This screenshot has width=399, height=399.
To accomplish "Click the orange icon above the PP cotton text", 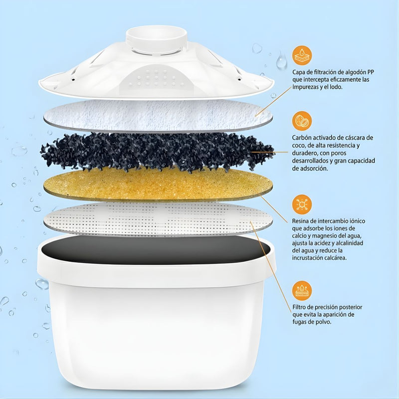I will coord(302,55).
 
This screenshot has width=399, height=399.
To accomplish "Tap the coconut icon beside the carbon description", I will coord(302,121).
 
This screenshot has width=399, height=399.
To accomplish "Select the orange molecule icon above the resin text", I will coord(302,204).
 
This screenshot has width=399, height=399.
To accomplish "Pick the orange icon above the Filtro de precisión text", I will coord(302,290).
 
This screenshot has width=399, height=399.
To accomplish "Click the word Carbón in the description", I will coord(303,138).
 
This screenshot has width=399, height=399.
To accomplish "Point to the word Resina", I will coord(303,220).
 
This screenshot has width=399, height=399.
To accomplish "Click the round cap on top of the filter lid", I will coord(156,37).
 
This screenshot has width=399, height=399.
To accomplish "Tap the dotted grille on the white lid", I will coord(157,80).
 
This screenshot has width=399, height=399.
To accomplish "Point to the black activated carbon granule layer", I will coord(157,150).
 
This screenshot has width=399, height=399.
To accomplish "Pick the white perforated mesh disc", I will coord(157,218).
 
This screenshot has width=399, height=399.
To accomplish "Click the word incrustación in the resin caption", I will coord(312,258).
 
